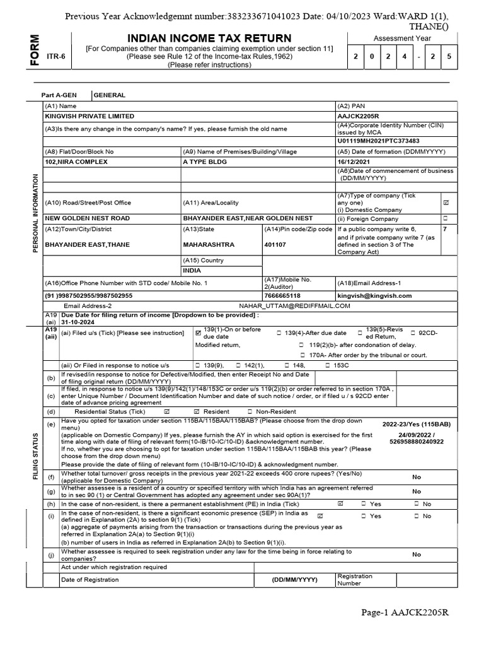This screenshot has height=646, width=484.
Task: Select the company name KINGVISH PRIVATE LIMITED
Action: pos(89,116)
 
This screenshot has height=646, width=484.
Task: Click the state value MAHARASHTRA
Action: pos(209,244)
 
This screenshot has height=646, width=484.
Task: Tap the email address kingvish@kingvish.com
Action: pos(374,295)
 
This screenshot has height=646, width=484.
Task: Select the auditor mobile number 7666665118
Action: pos(282,295)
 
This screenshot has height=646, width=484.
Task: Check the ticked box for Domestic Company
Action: pos(446,203)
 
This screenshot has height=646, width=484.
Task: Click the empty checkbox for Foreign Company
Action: pos(446,218)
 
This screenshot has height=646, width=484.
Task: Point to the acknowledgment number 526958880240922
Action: pos(416,442)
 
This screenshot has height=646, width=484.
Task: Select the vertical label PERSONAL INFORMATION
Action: pos(35,206)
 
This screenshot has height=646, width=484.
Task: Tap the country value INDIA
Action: pos(192,270)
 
